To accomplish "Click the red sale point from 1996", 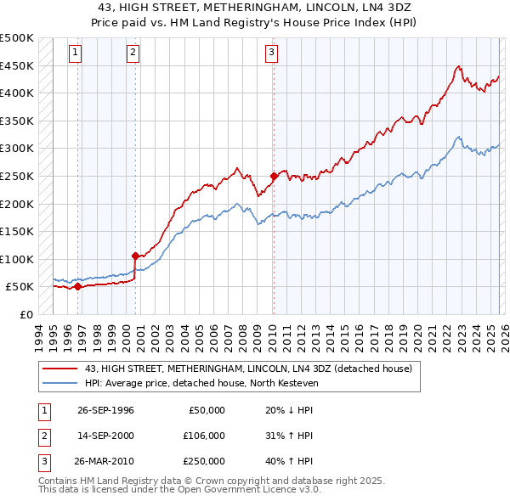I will pyautogui.click(x=77, y=286).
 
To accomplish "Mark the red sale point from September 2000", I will pyautogui.click(x=135, y=255).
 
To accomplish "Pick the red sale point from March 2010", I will pyautogui.click(x=274, y=176).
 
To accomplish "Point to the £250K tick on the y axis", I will pyautogui.click(x=17, y=176).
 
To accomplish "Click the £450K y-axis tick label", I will pyautogui.click(x=17, y=65).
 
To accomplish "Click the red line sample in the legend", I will pyautogui.click(x=61, y=369).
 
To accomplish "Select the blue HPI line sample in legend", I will pyautogui.click(x=61, y=382).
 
